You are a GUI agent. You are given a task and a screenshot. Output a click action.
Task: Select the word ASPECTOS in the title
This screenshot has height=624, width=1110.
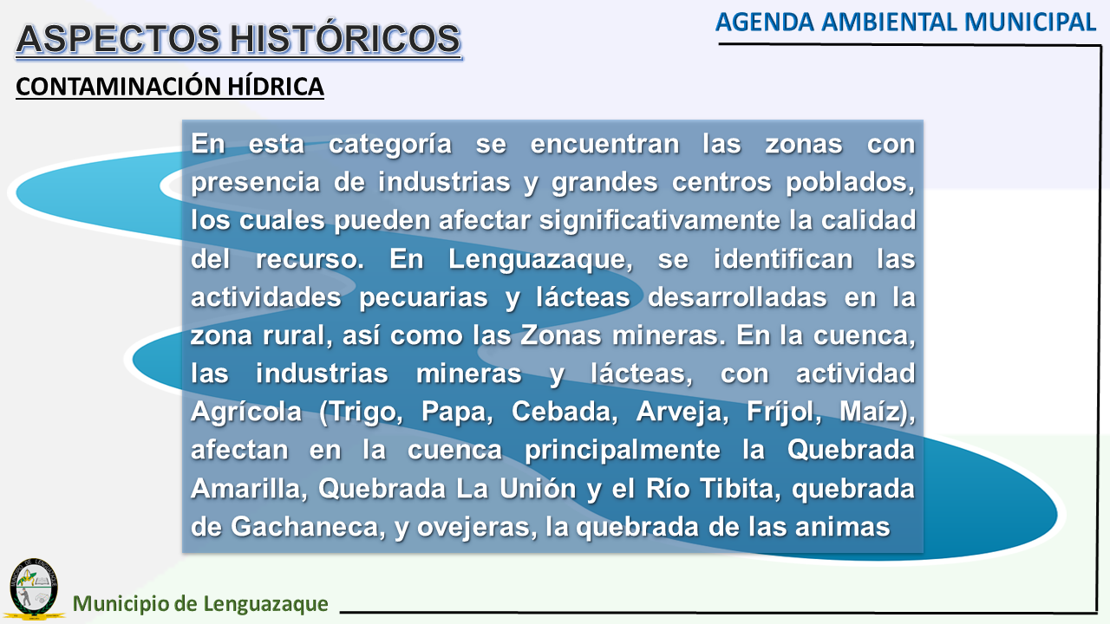pos(118,39)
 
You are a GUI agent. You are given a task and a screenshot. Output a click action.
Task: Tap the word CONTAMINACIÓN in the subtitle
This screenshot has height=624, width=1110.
pos(118,86)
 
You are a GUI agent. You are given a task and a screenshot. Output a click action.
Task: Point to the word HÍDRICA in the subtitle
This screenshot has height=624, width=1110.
pos(276,86)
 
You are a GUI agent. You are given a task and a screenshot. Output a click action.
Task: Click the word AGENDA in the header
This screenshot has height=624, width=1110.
pos(765,23)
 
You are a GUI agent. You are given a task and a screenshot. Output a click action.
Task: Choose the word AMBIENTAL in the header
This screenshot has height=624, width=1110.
pos(890,23)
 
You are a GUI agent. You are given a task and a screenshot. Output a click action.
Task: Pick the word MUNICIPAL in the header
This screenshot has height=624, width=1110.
pos(1030,23)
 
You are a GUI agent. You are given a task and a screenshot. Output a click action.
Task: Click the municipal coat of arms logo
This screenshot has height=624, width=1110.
pos(34,588)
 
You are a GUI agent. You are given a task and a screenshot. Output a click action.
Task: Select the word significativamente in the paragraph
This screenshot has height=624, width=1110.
pos(660,220)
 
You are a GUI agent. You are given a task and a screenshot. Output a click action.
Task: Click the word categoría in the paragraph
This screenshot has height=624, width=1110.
pos(390,145)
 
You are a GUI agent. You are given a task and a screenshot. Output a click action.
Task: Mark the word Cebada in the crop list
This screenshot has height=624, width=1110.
pos(565,411)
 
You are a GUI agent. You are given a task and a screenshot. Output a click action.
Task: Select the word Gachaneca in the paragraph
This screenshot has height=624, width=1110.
pos(308,526)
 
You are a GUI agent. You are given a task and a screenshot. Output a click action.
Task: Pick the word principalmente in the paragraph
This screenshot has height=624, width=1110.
pos(623,450)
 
